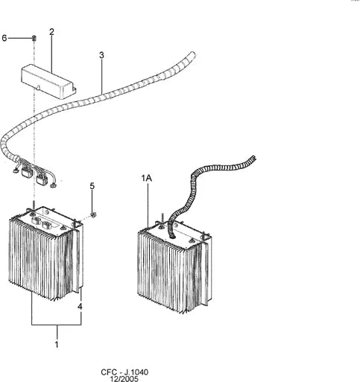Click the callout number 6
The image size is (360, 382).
point(4,38)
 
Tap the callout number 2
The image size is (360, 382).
point(51,32)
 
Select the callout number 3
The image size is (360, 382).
point(101,55)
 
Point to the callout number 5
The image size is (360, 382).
point(92,185)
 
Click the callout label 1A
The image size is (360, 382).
point(147,178)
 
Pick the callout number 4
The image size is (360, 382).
point(80,307)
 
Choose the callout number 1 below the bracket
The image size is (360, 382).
point(57,345)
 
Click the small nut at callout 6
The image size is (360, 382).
point(34,38)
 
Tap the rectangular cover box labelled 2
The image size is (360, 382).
point(48,82)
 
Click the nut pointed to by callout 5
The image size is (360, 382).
point(93,215)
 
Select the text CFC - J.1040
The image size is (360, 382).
point(124,372)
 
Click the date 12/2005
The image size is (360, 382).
point(124,379)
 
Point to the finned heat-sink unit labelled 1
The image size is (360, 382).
point(46,253)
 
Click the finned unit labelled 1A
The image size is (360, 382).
point(174,267)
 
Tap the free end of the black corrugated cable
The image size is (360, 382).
point(253,158)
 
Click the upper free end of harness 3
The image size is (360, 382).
point(192,54)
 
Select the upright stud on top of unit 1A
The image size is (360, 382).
point(162,218)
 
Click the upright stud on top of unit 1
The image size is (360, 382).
point(33,205)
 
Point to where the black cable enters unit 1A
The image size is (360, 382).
point(171,236)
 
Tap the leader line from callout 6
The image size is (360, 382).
point(19,38)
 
